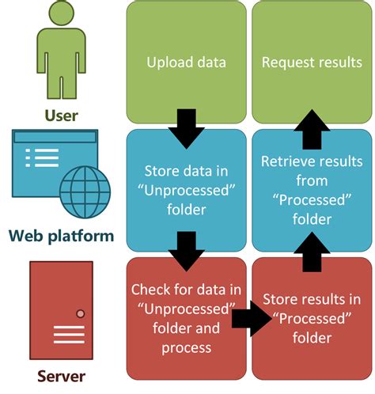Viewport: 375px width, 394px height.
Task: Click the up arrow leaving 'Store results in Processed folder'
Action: [311, 252]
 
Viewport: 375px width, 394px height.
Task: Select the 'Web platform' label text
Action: [61, 235]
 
